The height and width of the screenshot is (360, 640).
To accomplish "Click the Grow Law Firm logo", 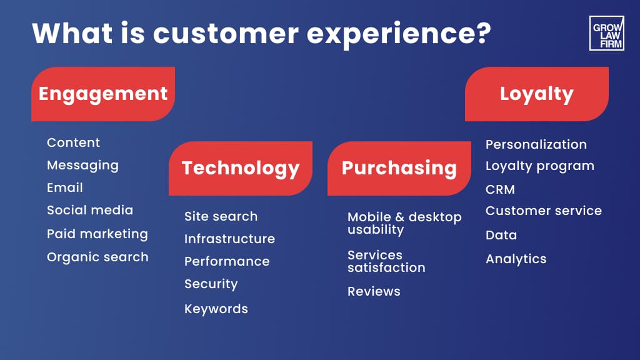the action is [606, 33].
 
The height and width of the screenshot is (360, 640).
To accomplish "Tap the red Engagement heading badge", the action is [103, 94].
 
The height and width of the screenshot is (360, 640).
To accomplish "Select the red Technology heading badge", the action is [241, 168].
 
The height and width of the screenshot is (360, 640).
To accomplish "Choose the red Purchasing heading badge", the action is [399, 168].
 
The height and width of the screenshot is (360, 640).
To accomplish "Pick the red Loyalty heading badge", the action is [537, 94].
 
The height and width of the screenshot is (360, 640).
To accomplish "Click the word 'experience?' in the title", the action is [399, 34].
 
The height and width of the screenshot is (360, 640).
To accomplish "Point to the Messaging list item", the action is [83, 165].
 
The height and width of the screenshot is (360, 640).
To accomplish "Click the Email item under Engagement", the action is [65, 187].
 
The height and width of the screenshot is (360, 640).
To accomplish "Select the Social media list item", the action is [90, 210].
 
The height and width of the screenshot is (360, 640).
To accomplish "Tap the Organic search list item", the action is [97, 257].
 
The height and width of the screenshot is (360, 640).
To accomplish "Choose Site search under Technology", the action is [221, 216].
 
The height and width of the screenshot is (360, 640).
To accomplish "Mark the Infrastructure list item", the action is [230, 239].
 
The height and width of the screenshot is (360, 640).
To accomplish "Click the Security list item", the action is [211, 284].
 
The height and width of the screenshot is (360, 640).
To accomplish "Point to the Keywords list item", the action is [216, 309].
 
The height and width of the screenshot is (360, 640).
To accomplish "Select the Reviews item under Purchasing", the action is [374, 291].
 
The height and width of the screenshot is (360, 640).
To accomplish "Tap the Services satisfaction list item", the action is [386, 261].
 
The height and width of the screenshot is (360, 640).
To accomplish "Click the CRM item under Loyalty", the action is [501, 189].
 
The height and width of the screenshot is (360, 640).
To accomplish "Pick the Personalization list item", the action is [536, 144].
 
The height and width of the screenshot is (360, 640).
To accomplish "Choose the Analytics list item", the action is [516, 259].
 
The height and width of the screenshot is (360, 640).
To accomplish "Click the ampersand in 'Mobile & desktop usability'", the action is [400, 217].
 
